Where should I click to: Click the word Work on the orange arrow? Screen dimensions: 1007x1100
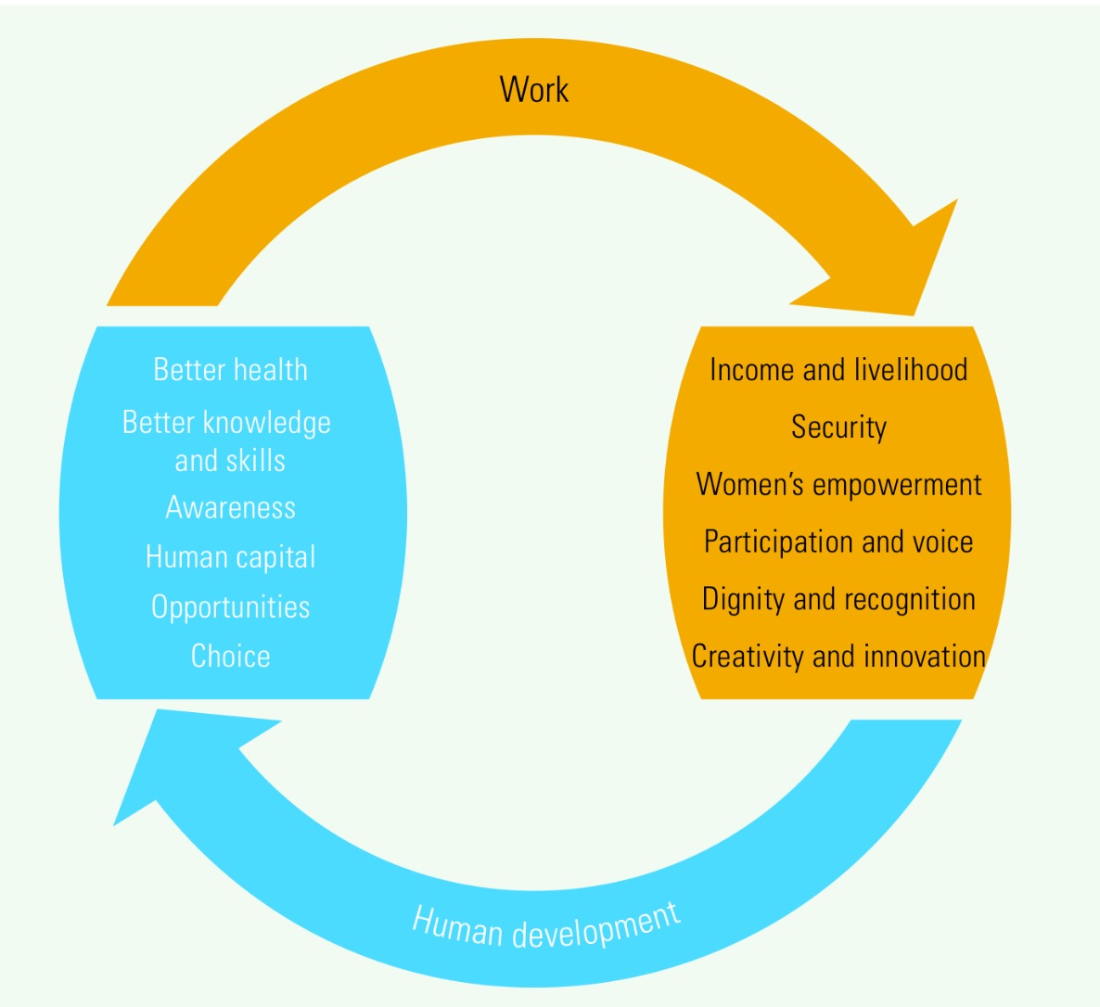(x=534, y=90)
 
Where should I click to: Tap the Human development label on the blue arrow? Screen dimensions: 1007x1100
(x=546, y=926)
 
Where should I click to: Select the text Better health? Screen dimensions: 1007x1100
(x=230, y=370)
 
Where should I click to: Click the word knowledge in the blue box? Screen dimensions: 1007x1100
(x=266, y=423)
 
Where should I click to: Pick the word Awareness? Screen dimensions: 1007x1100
(x=231, y=508)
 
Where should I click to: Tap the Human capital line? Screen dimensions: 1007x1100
(x=231, y=557)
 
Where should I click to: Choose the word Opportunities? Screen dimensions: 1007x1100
(x=231, y=606)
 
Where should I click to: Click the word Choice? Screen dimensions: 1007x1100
(x=231, y=656)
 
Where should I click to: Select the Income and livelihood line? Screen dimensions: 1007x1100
(x=838, y=370)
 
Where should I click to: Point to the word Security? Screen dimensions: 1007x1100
(x=838, y=427)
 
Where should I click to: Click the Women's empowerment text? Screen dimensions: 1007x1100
(x=838, y=485)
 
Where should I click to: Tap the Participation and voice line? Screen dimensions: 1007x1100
(x=838, y=542)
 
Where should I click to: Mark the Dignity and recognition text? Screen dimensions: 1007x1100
(x=838, y=599)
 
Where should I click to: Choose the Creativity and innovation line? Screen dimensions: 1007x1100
(x=838, y=656)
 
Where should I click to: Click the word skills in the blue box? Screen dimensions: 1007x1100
(x=255, y=461)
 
